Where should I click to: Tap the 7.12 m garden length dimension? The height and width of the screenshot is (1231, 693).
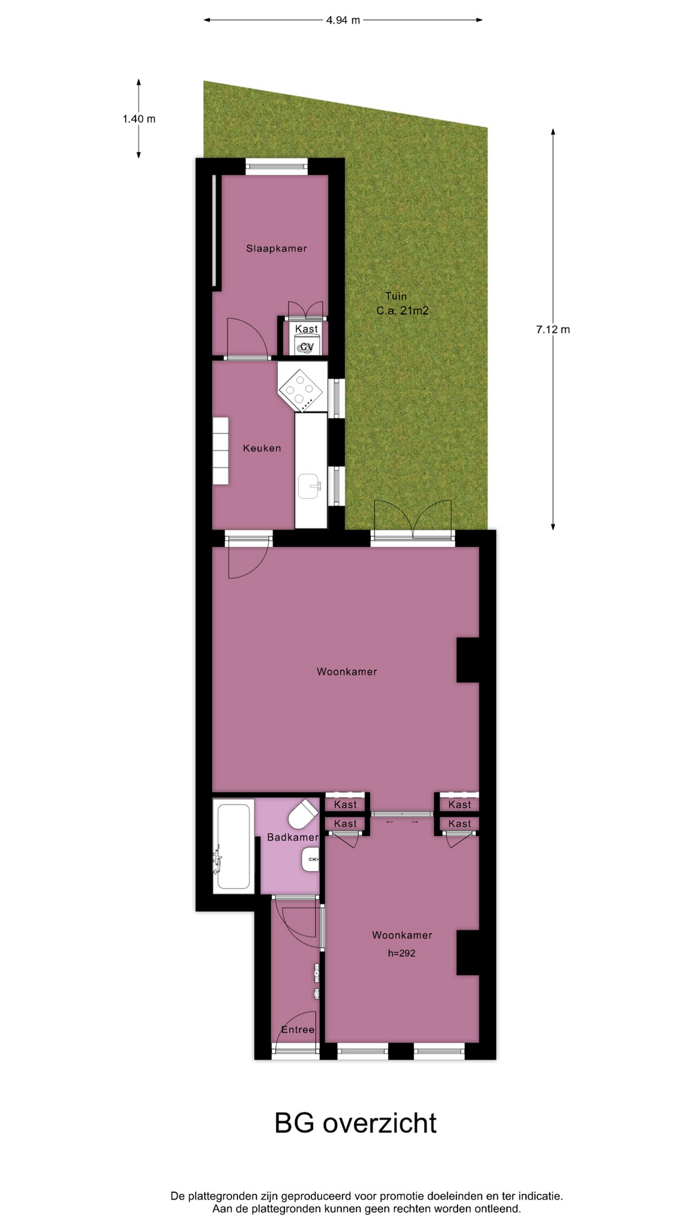point(552,330)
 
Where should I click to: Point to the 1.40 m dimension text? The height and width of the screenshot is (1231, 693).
point(139,119)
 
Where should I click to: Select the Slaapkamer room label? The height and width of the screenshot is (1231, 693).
point(277,248)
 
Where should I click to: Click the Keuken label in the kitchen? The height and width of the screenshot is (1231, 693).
point(262,448)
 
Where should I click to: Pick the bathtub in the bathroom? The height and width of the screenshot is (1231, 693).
point(233,846)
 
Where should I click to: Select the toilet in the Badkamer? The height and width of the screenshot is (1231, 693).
point(303,815)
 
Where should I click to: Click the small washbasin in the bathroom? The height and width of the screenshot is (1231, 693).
point(311,859)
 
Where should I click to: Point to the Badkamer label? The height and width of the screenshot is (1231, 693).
point(293,837)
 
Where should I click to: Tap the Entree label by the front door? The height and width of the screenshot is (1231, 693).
point(298,1030)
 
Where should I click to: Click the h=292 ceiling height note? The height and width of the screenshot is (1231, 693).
point(402,953)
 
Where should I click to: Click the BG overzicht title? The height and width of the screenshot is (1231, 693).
point(355,1123)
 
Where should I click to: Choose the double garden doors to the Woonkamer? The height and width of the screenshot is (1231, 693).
point(413,521)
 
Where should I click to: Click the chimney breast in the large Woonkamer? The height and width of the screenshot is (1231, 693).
point(468,660)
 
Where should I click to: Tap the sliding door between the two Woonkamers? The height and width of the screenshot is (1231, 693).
point(403,814)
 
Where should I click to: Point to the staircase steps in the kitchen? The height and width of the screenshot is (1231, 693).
point(221,451)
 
